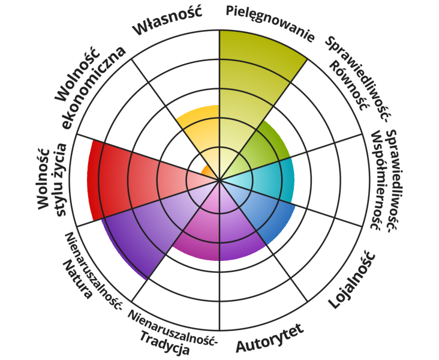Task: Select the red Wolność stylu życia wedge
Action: point(126,180)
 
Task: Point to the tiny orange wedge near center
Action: point(208,172)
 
